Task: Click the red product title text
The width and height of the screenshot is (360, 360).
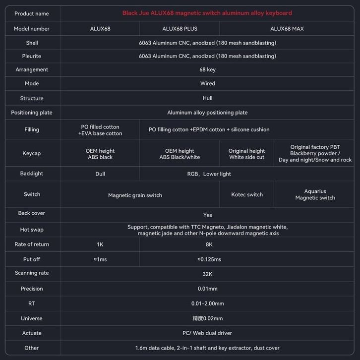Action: (x=207, y=13)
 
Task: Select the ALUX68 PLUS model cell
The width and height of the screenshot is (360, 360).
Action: (x=180, y=29)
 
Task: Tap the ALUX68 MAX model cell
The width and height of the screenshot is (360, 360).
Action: (x=287, y=29)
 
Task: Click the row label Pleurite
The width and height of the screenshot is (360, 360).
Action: (x=32, y=57)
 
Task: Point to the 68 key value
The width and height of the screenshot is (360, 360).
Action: (x=207, y=70)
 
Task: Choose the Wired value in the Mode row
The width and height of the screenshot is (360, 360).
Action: (x=207, y=84)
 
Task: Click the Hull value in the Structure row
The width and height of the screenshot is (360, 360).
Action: (x=207, y=98)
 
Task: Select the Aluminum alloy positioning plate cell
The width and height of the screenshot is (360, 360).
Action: (x=207, y=113)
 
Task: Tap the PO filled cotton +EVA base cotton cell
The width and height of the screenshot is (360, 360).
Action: (x=100, y=130)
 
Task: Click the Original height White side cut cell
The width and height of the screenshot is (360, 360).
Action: (x=246, y=154)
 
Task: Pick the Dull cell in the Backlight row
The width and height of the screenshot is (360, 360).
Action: (x=100, y=174)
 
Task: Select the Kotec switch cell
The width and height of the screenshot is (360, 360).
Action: (x=246, y=194)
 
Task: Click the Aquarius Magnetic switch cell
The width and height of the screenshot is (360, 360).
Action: (x=315, y=194)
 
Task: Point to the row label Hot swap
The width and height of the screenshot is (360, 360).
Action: (x=32, y=230)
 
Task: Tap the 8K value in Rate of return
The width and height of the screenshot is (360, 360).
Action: (x=209, y=244)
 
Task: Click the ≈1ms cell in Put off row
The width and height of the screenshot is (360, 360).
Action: (x=100, y=259)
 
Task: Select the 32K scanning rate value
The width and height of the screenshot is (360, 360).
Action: (x=207, y=274)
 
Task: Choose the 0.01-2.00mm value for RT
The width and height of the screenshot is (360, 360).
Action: (x=207, y=303)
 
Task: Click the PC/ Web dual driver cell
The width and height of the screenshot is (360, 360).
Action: (x=207, y=333)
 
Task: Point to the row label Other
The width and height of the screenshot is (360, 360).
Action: (x=32, y=348)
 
